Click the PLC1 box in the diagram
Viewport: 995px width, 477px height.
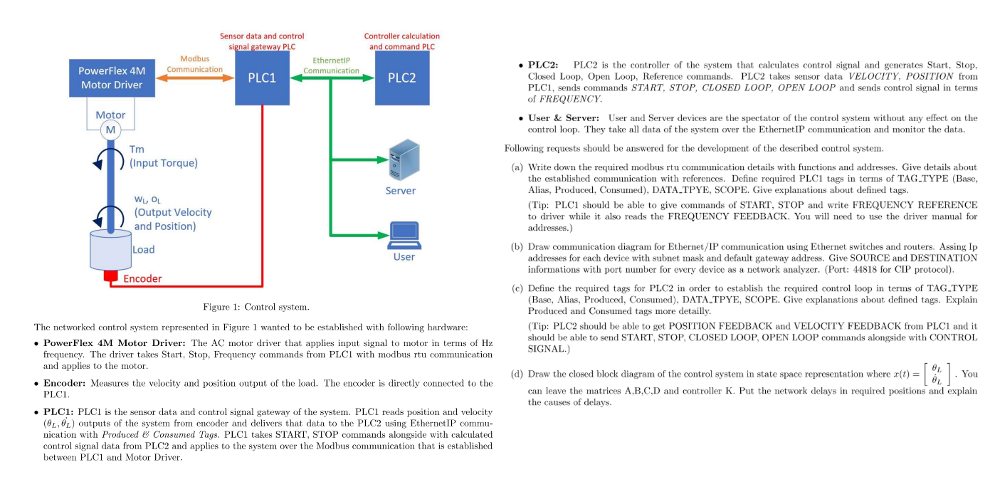click(x=262, y=78)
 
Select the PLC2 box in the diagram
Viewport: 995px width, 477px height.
click(x=402, y=78)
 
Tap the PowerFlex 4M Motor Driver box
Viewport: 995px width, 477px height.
click(x=111, y=78)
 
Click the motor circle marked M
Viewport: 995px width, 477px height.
click(x=110, y=130)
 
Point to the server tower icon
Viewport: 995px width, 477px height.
click(x=401, y=160)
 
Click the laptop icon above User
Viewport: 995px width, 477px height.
click(x=404, y=235)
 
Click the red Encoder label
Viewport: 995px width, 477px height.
click(x=142, y=278)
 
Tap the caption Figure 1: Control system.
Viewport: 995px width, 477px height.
click(x=256, y=307)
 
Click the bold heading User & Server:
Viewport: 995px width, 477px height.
click(x=563, y=117)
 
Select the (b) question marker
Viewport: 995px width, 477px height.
click(x=517, y=246)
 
